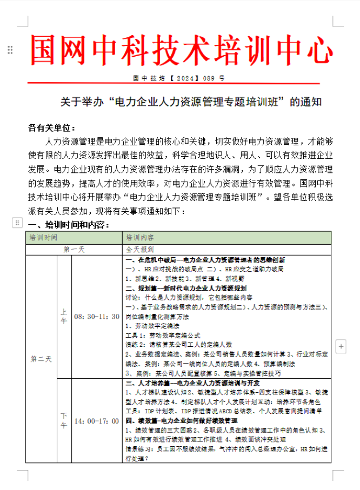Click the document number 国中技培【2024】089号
179,78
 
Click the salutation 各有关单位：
52,128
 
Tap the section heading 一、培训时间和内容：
69,225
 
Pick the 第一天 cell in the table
75,250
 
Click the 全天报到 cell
140,250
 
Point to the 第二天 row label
41,359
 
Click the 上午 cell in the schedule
64,316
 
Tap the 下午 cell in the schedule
64,420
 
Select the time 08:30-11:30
97,316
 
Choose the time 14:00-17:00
97,421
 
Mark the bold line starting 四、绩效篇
182,420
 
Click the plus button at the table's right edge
341,346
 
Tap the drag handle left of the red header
10,50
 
